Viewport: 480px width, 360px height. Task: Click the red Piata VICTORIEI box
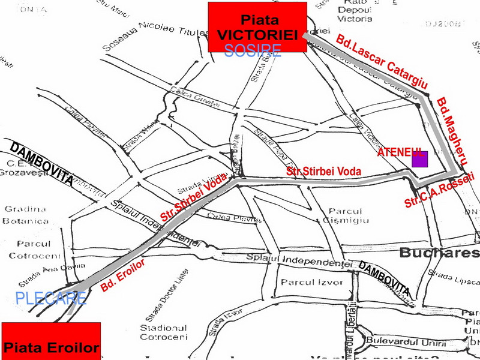[257, 27]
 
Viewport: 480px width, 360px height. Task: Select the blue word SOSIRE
[253, 50]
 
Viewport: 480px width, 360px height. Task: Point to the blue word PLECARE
[50, 298]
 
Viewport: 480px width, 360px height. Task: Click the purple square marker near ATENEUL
[420, 160]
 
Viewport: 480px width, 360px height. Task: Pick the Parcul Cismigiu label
[345, 217]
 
